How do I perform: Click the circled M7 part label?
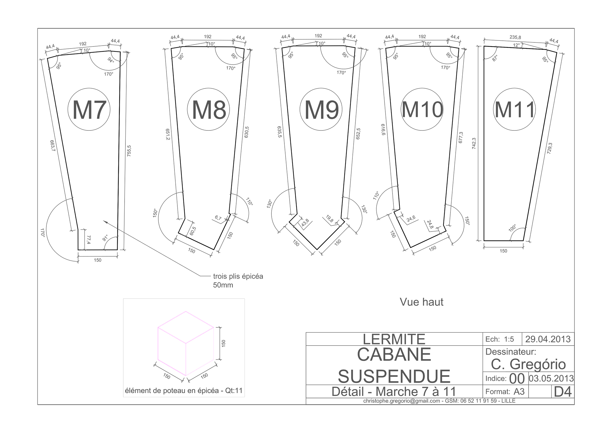(x=89, y=109)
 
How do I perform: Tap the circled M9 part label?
(x=321, y=109)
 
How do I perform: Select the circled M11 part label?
(x=515, y=109)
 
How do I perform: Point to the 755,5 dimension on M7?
(x=129, y=151)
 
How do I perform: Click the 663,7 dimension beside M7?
(x=52, y=146)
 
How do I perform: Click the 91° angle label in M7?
(x=105, y=238)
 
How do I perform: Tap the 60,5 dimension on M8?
(x=193, y=231)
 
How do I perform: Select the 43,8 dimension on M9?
(x=305, y=223)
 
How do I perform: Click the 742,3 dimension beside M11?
(x=474, y=143)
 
